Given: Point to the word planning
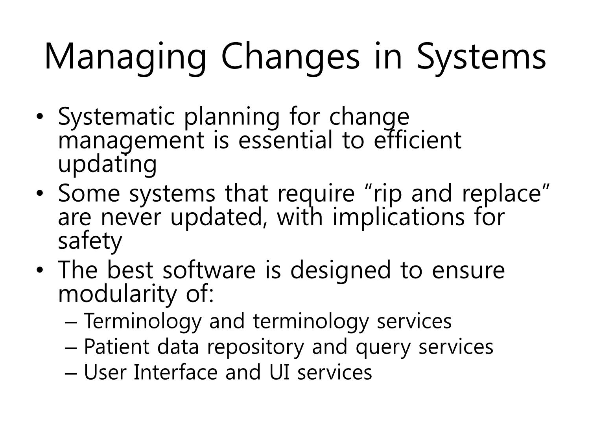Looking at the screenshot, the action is click(x=232, y=117).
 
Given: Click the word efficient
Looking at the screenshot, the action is click(x=418, y=140).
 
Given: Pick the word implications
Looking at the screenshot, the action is click(x=398, y=217).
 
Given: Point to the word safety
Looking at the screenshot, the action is click(x=90, y=241).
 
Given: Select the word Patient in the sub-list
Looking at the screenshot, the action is click(x=117, y=347).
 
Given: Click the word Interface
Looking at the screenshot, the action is click(x=175, y=372).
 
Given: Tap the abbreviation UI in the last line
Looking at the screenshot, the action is click(x=280, y=372).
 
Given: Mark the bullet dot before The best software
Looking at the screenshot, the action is click(x=39, y=270).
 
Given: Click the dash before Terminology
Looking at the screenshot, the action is click(x=71, y=323).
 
